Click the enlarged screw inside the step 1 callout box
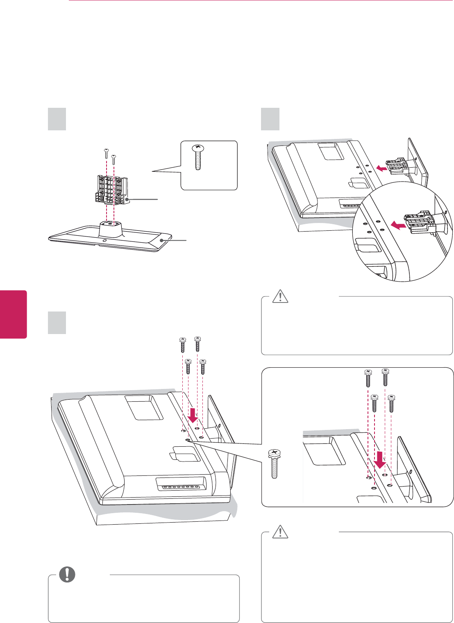tap(197, 157)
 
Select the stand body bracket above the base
tap(112, 189)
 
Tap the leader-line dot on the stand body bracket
tap(127, 200)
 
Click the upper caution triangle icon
tap(280, 296)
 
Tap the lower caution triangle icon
tap(280, 532)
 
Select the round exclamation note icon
tap(67, 575)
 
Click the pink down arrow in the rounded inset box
tap(381, 459)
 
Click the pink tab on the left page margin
tap(14, 314)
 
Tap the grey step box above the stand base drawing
tap(57, 119)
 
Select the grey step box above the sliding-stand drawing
tap(270, 119)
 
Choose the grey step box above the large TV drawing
tap(57, 322)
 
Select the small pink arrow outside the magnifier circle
tap(382, 168)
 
